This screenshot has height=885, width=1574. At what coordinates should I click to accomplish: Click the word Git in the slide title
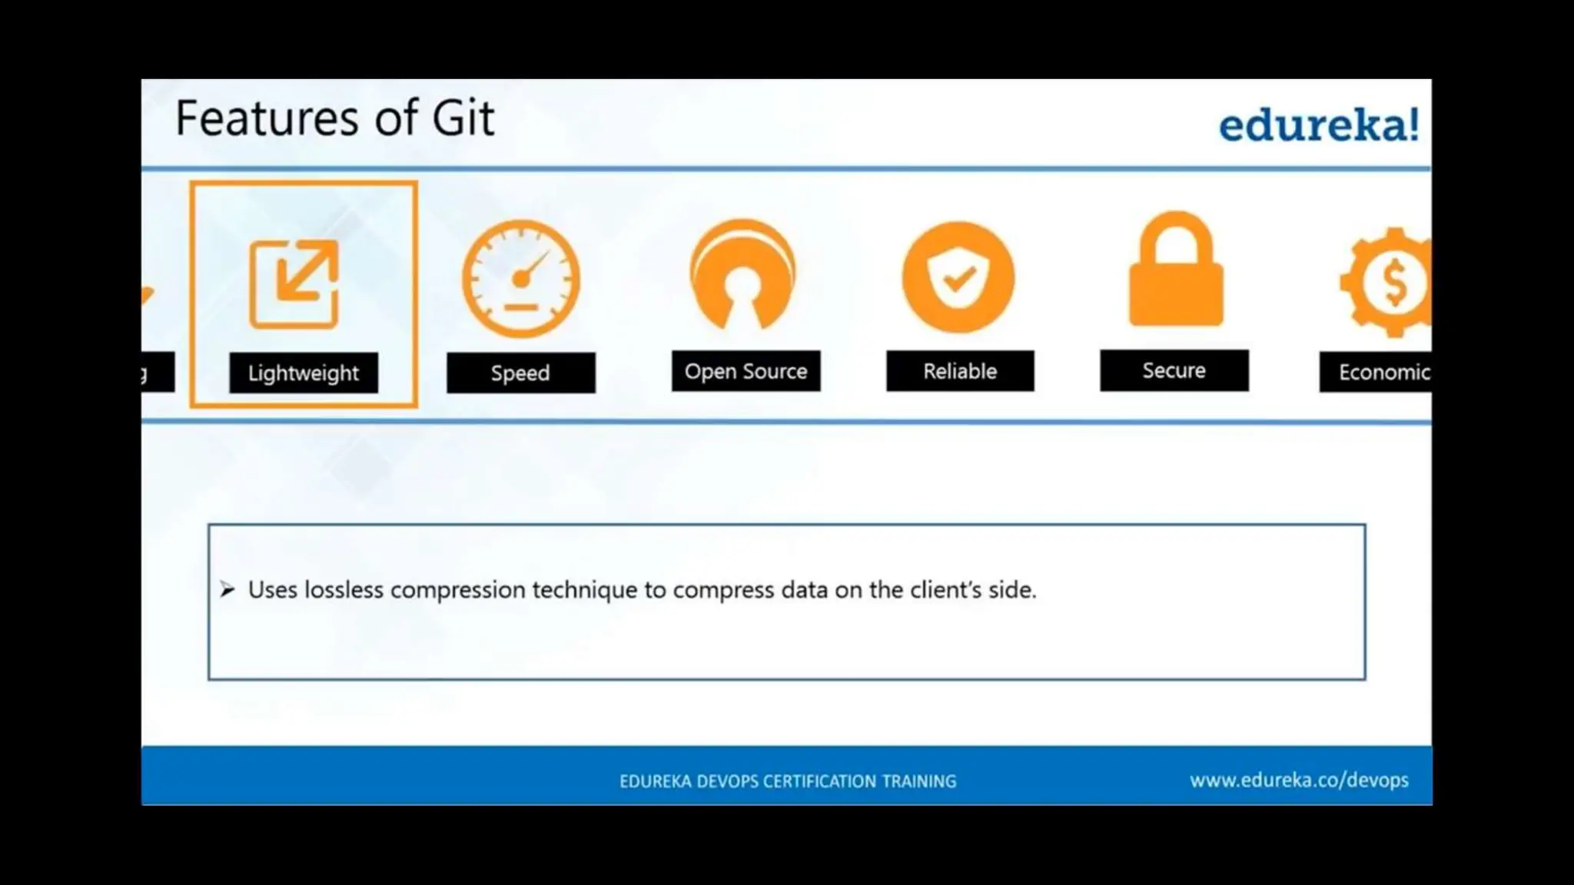[463, 118]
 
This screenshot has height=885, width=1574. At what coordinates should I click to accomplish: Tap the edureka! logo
[1318, 125]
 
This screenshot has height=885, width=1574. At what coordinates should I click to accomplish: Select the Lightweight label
[303, 373]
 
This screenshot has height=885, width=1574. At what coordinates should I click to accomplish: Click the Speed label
[520, 373]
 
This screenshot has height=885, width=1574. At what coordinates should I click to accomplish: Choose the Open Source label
[745, 372]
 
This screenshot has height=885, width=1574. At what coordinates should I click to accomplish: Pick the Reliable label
[959, 372]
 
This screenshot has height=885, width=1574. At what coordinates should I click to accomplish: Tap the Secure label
[1174, 371]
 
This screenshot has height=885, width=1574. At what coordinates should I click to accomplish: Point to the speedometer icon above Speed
[521, 279]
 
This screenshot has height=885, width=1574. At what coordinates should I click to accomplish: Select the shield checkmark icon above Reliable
[958, 277]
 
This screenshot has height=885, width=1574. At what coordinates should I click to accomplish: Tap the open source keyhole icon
[742, 275]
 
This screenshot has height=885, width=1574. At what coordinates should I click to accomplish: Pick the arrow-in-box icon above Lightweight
[294, 284]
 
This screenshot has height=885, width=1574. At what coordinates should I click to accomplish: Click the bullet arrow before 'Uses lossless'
[227, 590]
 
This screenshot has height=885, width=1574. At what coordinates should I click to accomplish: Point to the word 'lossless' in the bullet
[344, 590]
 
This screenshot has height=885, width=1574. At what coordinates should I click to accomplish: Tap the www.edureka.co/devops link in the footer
[1299, 781]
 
